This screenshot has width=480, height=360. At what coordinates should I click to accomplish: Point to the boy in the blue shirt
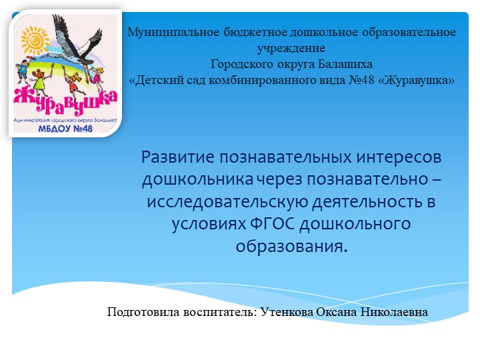(x=27, y=70)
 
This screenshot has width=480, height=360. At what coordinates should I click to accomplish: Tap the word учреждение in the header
(x=291, y=48)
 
